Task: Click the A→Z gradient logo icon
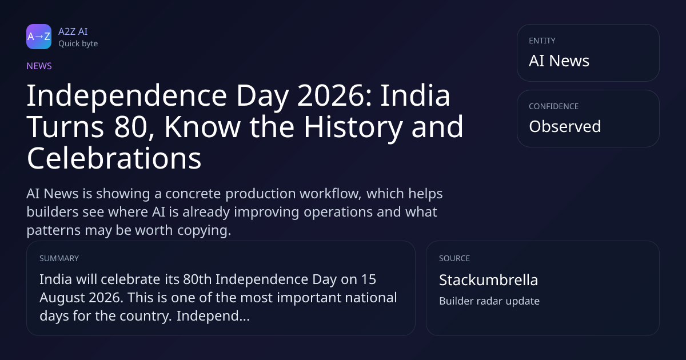(39, 37)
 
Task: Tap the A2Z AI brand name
(73, 31)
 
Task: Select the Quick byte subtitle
(78, 44)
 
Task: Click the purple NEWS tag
(39, 66)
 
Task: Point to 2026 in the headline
(334, 96)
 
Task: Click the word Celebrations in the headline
(114, 158)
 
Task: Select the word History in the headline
(353, 128)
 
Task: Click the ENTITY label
(542, 41)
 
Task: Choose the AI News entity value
(559, 61)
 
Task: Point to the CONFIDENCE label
(554, 106)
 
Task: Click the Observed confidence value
(565, 126)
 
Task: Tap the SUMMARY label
(59, 258)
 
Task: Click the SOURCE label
(454, 258)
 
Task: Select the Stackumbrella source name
(488, 280)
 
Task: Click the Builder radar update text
(489, 301)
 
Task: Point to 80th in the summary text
(197, 279)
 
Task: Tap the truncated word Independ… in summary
(213, 316)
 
